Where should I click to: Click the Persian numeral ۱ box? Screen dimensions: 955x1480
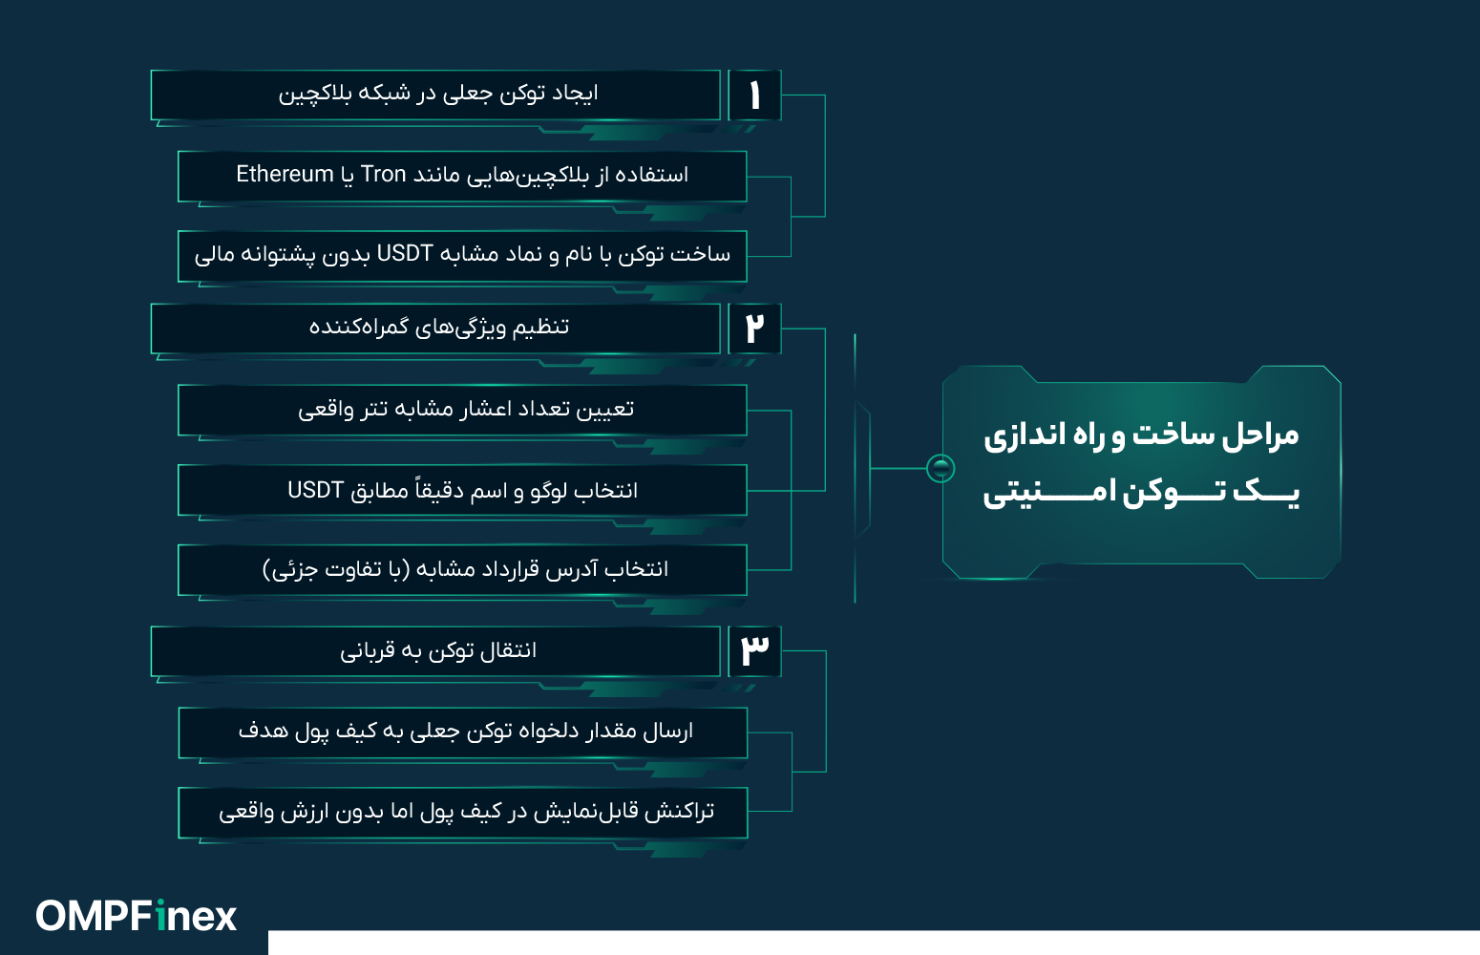tap(754, 95)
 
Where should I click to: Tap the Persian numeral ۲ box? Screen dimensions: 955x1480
tap(754, 329)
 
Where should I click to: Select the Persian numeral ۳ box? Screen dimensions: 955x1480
tap(754, 650)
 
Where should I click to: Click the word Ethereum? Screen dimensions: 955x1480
tap(285, 174)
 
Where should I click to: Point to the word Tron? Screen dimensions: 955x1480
tap(384, 174)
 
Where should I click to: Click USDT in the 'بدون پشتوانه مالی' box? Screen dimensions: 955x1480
tap(405, 254)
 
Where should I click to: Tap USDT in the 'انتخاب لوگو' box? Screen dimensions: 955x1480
tap(315, 490)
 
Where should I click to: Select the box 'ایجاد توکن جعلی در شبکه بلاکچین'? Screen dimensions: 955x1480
tap(435, 95)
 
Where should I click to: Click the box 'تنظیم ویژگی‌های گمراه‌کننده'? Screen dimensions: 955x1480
tap(435, 329)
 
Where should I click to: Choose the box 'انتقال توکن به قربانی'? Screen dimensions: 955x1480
tap(435, 650)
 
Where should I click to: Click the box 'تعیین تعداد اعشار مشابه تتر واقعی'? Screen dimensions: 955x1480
tap(462, 410)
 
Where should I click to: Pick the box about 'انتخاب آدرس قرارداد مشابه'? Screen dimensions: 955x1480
tap(462, 570)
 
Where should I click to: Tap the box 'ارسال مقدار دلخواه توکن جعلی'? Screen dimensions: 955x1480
tap(462, 732)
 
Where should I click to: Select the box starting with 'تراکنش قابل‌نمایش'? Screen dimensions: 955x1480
tap(462, 812)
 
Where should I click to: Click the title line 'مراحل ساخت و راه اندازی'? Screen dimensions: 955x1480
tap(1141, 435)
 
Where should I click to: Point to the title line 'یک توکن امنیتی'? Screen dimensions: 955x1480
tap(1141, 492)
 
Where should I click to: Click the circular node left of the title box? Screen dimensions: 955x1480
tap(941, 468)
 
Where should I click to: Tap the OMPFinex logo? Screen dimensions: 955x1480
tap(136, 916)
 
